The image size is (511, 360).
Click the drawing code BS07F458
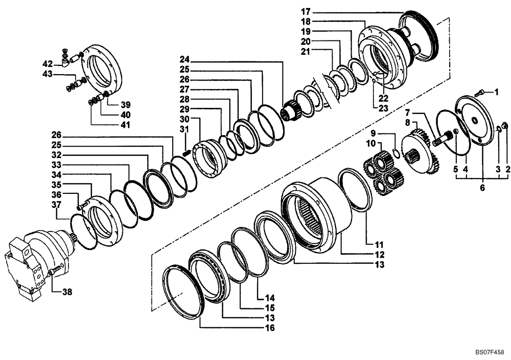(x=490, y=352)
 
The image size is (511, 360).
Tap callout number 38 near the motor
(x=67, y=292)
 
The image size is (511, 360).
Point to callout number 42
(x=47, y=64)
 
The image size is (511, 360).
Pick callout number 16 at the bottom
(x=270, y=328)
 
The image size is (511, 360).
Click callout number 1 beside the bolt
(x=495, y=92)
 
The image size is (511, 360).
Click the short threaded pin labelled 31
(x=187, y=151)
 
